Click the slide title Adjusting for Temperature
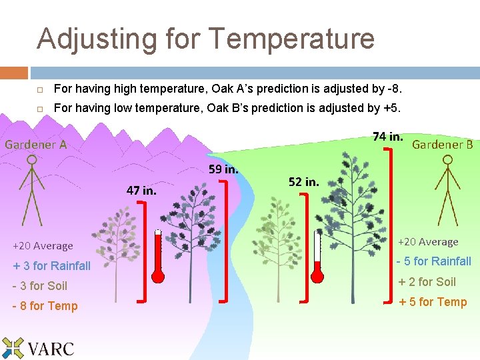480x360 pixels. pos(205,39)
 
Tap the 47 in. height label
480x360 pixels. pos(141,190)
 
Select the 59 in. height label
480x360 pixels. pos(223,169)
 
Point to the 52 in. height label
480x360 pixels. pos(303,181)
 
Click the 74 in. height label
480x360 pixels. pos(387,137)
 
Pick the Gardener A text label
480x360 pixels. pos(36,144)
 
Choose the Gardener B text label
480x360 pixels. pos(443,144)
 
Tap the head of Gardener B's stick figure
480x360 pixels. pos(448,161)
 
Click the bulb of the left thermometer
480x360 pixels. pos(158,275)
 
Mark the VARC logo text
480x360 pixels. pos(51,348)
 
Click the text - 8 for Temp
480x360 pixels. pos(45,306)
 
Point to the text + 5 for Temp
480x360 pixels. pos(432,302)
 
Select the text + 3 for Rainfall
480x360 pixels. pos(51,265)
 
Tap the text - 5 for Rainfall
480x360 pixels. pos(434,261)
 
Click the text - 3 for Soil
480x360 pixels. pos(40,286)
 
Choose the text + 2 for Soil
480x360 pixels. pos(427,282)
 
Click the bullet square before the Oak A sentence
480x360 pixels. pos(40,89)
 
